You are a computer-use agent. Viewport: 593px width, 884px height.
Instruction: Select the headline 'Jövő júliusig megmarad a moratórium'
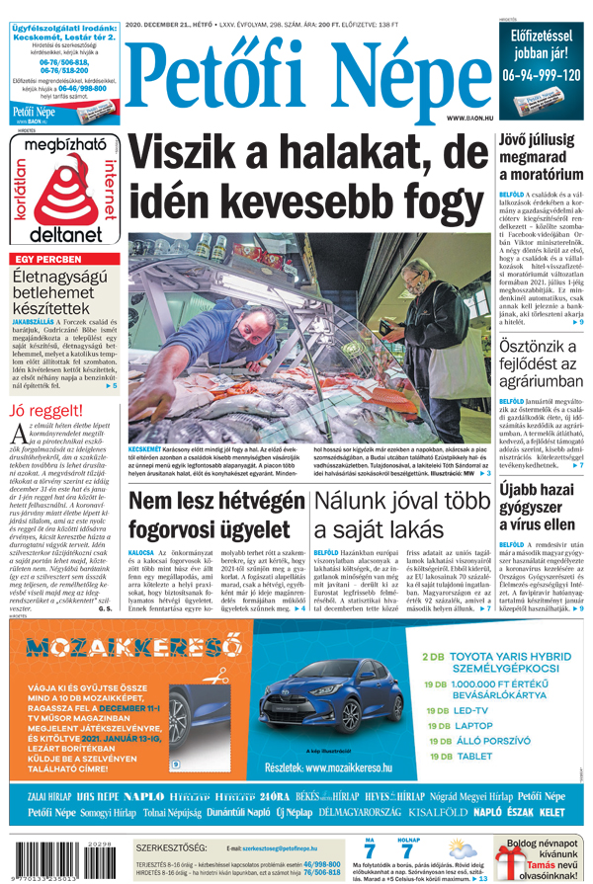pos(540,158)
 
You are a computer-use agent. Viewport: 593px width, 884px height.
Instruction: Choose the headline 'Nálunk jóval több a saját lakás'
pos(401,516)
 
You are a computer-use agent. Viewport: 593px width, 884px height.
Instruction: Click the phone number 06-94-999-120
pos(541,75)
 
